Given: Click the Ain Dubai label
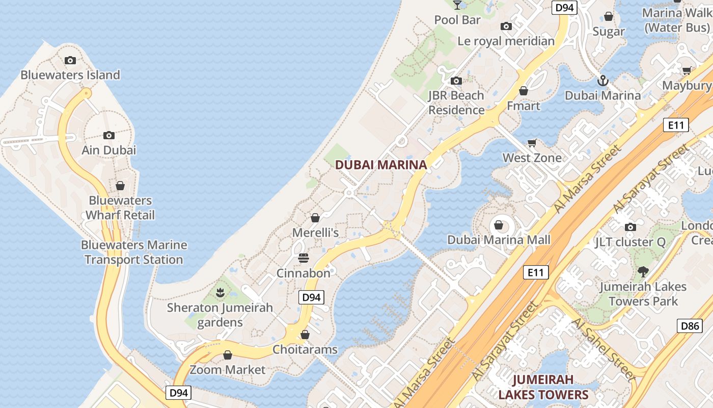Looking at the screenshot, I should pos(109,150).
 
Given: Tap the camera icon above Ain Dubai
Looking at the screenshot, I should pos(108,135).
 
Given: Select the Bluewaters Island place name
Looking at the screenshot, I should pos(70,75).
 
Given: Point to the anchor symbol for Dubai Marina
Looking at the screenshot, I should pos(603,81).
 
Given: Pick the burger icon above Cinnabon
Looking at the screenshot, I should pos(304,258).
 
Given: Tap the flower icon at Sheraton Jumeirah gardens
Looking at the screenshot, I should pos(220,293).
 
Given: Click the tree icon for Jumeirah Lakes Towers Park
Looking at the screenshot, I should pos(643,271).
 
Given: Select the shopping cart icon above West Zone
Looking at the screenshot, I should pos(532,143).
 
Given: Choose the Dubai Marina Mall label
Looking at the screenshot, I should pos(499,240).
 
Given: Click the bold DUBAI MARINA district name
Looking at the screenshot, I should pos(381,165).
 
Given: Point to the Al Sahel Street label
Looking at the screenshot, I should pos(603,349).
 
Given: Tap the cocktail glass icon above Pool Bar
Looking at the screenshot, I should pos(457,5).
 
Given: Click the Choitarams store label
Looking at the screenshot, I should pos(305,349).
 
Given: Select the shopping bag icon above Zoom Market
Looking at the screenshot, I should pos(228,354).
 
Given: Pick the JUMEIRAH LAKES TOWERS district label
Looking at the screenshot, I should pos(543,387).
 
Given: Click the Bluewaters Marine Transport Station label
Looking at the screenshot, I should pos(134,252).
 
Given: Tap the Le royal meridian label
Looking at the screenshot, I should pos(506,41).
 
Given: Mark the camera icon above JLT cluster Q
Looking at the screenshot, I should pos(630,227).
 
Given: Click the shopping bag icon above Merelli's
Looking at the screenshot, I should pos(315,218).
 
